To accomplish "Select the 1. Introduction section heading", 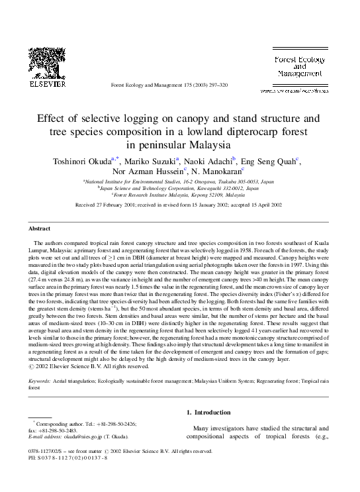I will click(x=212, y=411).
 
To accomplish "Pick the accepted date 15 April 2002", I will click(x=260, y=206).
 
